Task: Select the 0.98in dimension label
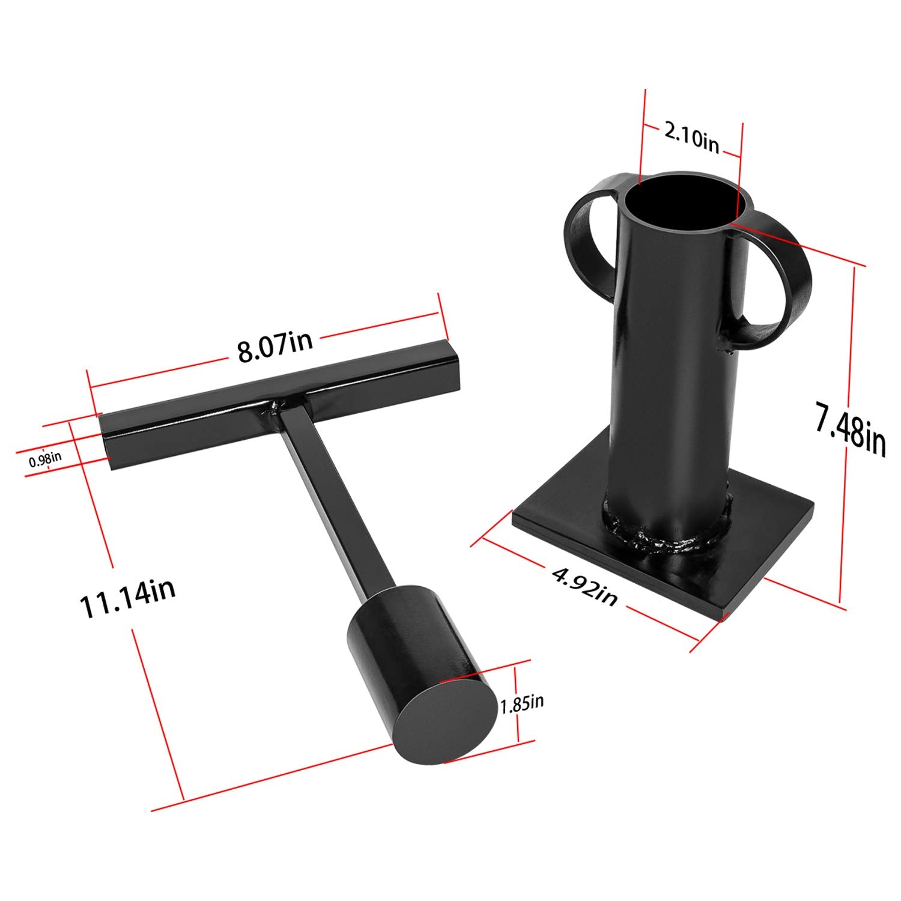click(x=45, y=460)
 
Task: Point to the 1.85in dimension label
click(x=522, y=703)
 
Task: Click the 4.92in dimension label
click(x=584, y=587)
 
